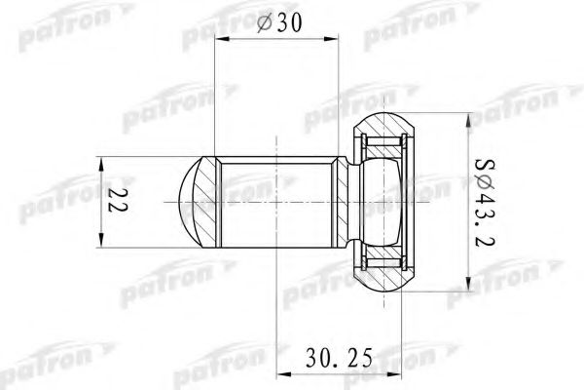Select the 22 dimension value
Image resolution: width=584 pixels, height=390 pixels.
pos(118,201)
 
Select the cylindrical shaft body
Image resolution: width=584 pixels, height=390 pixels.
pos(277,201)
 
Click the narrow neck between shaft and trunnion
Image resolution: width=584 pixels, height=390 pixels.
pos(349,202)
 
